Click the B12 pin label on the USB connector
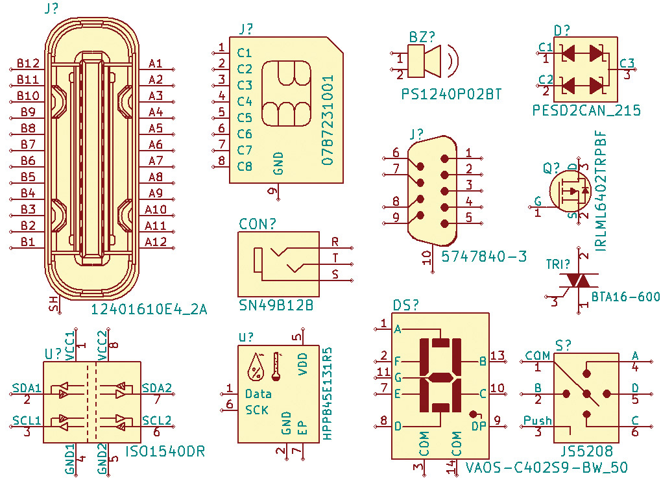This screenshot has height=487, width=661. (x=28, y=63)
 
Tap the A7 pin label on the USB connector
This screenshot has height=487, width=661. (x=156, y=161)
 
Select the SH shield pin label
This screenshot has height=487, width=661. (x=54, y=303)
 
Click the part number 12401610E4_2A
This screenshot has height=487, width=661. (x=149, y=310)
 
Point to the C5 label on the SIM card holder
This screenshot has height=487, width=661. (x=245, y=118)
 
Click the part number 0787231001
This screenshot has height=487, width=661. (x=328, y=120)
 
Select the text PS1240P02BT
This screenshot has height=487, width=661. (x=451, y=94)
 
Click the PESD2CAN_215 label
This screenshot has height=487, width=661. (x=586, y=110)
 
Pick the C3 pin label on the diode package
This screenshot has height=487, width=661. (x=627, y=63)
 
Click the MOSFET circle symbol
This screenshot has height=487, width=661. (x=570, y=191)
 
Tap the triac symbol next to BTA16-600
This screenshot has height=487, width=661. (x=578, y=280)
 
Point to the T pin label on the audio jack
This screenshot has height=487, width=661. (x=335, y=258)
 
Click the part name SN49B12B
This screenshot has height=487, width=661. (x=276, y=305)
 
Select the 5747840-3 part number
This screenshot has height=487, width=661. (x=484, y=256)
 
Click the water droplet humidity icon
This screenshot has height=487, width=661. (x=256, y=366)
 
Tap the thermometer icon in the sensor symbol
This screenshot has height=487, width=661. (x=276, y=366)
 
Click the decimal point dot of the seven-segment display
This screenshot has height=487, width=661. (x=474, y=414)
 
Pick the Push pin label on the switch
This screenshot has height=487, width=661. (x=538, y=420)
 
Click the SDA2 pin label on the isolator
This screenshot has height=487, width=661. (x=156, y=388)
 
